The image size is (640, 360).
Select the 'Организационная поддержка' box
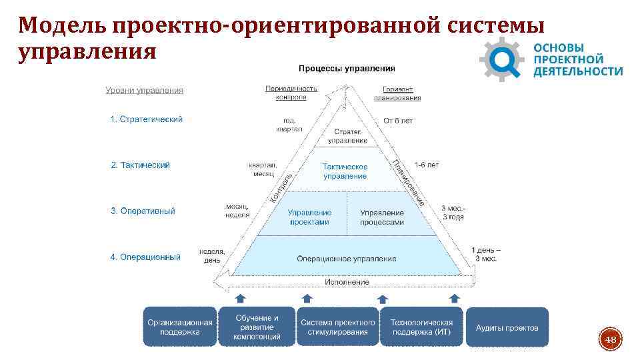pyautogui.click(x=180, y=327)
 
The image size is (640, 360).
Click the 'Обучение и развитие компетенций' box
pyautogui.click(x=257, y=327)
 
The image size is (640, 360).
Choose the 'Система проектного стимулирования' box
pyautogui.click(x=337, y=327)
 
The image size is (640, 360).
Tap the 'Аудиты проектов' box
pyautogui.click(x=507, y=327)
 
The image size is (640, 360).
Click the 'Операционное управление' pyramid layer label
pyautogui.click(x=347, y=259)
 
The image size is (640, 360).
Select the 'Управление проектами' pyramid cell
pyautogui.click(x=309, y=217)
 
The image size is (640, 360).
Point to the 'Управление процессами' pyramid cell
pyautogui.click(x=382, y=217)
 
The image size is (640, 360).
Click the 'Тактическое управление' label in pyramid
pyautogui.click(x=345, y=171)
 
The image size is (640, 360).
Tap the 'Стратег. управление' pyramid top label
pyautogui.click(x=348, y=136)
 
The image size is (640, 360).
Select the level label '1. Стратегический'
pyautogui.click(x=146, y=119)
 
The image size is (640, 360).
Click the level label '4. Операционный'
pyautogui.click(x=145, y=257)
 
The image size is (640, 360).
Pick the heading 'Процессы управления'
pyautogui.click(x=347, y=68)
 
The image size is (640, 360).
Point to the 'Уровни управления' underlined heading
pyautogui.click(x=145, y=91)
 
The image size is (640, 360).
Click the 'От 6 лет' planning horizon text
pyautogui.click(x=398, y=121)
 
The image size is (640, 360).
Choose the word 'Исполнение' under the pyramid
pyautogui.click(x=347, y=282)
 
